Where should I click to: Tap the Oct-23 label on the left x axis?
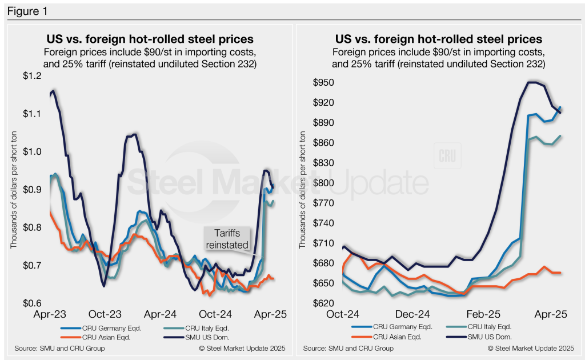(x=105, y=314)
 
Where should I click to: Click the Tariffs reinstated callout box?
(x=227, y=239)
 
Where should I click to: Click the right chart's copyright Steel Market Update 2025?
(x=530, y=348)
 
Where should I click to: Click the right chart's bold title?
(x=438, y=39)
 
